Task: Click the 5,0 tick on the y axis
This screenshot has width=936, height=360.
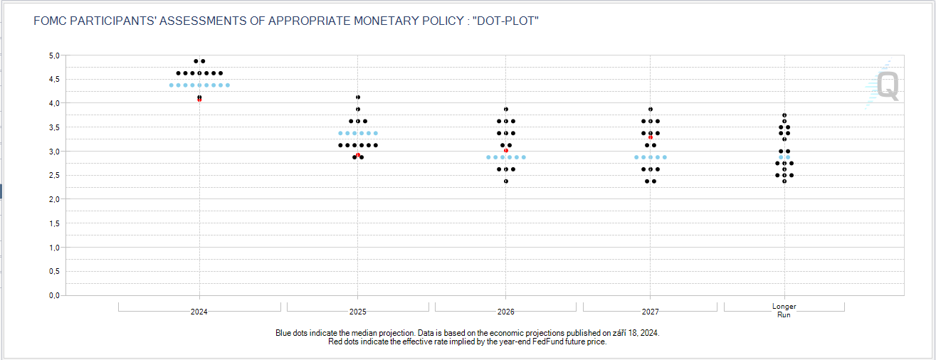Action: coord(53,55)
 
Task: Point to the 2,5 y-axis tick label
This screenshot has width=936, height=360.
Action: coord(53,175)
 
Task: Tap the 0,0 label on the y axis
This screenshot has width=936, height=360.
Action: coord(53,295)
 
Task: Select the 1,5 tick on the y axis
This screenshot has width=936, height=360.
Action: coord(53,223)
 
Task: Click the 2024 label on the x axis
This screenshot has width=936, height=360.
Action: coord(199,312)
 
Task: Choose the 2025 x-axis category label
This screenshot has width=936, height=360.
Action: coord(358,312)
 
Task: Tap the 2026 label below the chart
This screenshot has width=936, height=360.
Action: coord(506,312)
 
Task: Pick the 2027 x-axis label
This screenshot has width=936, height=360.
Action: coord(650,312)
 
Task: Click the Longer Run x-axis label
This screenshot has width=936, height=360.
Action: coord(784,310)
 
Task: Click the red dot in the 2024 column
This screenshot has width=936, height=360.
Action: coord(199,100)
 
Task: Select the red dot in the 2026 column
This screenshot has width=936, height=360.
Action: coord(506,151)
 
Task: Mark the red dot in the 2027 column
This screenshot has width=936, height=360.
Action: coord(651,137)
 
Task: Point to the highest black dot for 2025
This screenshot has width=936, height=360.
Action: coord(358,97)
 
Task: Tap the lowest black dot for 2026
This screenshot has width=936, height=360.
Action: coord(506,181)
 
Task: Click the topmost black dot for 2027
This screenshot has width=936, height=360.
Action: coord(651,109)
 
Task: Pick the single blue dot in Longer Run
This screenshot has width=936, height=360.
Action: coord(784,157)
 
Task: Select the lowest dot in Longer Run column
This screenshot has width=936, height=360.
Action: coord(784,181)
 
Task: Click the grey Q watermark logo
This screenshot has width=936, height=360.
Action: coord(887,85)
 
